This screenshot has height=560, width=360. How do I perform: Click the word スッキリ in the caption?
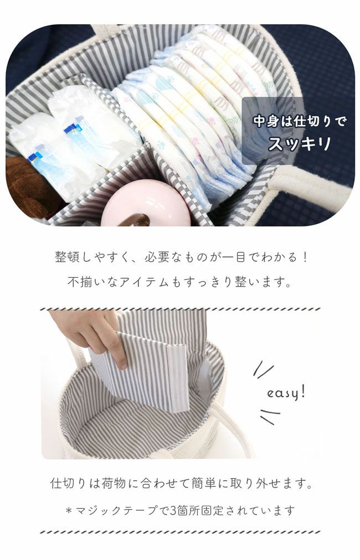(x=300, y=143)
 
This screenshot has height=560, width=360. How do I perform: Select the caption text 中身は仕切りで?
(x=300, y=121)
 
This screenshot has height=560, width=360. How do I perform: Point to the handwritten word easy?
(x=286, y=393)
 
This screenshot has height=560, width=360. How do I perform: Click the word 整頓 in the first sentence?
(x=67, y=257)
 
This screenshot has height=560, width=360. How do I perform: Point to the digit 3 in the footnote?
(x=173, y=510)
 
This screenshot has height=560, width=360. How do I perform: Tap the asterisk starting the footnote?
(x=69, y=510)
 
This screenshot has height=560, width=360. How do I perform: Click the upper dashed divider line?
(x=180, y=309)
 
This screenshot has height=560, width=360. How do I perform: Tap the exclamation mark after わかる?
(x=305, y=257)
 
